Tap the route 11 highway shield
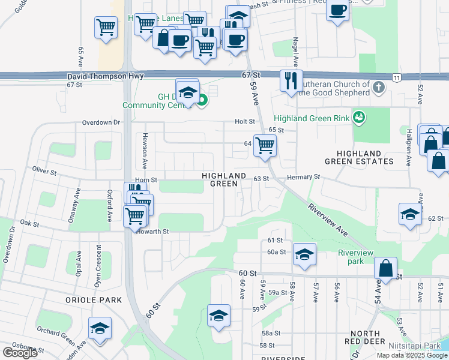click(x=397, y=77)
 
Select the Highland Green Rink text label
click(x=312, y=118)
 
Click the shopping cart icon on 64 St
click(x=265, y=145)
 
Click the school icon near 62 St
click(x=410, y=214)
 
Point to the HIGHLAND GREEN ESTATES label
click(x=359, y=157)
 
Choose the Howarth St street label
click(x=153, y=231)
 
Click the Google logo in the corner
click(x=20, y=353)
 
